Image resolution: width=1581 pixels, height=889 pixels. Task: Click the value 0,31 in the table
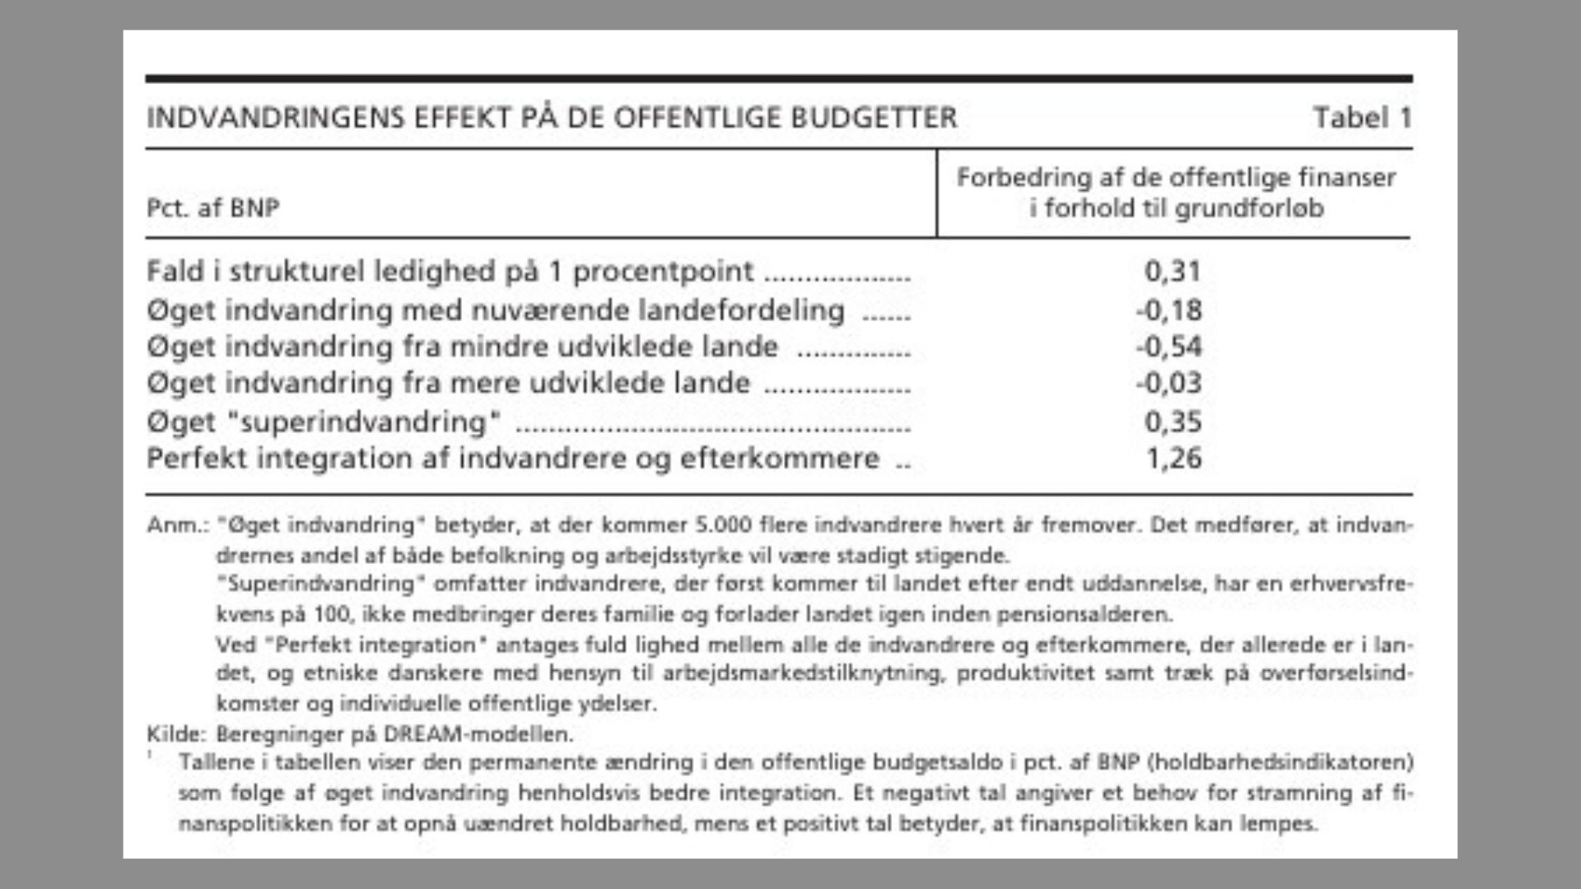coord(1173,271)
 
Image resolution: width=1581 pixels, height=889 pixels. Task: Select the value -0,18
coord(1168,310)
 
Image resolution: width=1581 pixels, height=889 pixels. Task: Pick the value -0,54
coord(1168,347)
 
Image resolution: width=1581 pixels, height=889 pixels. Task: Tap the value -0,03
coord(1168,383)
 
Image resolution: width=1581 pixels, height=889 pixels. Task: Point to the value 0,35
coord(1173,421)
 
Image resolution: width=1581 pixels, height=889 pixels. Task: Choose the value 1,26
coord(1173,458)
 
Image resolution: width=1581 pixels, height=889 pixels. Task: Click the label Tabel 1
coord(1362,118)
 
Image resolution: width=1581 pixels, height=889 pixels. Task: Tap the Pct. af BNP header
coord(213,207)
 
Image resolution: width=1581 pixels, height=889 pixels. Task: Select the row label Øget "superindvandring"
coord(324,421)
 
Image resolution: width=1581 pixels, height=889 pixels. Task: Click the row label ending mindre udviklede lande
coord(462,347)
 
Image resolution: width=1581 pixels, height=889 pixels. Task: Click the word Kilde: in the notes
coord(174,733)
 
